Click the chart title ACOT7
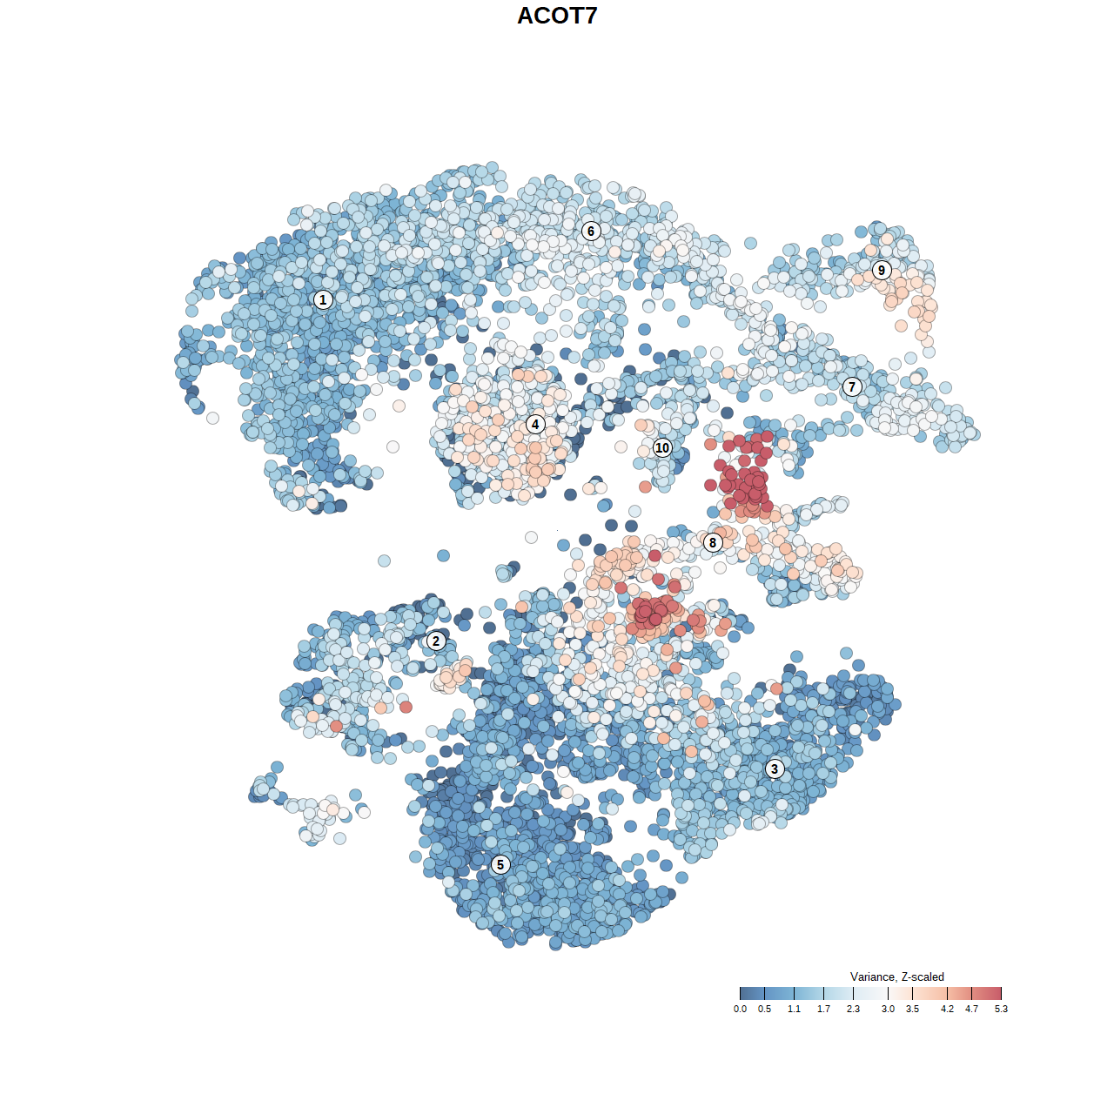(557, 16)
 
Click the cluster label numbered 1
(323, 300)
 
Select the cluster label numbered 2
(436, 641)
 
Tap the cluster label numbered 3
(775, 768)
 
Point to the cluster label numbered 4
(535, 425)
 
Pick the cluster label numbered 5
(500, 864)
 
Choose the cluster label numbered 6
(591, 231)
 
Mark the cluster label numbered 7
(852, 387)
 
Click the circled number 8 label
(713, 543)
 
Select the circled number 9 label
(882, 270)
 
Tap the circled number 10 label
(662, 448)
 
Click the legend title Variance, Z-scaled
(896, 976)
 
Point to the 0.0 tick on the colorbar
(740, 1010)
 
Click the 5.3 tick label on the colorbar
(1001, 1010)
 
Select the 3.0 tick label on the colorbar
(888, 1010)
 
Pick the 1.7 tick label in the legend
(823, 1010)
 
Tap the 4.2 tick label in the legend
(947, 1010)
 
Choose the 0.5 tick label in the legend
(764, 1010)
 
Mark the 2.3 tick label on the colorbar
(853, 1010)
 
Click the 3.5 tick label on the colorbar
(912, 1010)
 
